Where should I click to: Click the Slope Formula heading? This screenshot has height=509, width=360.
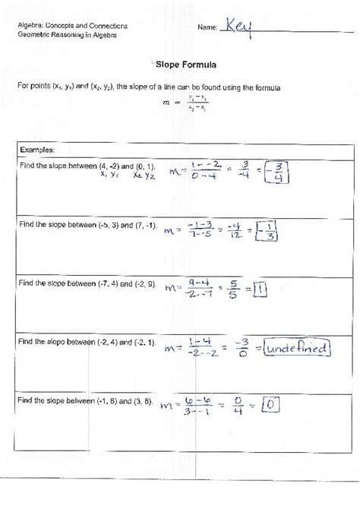point(179,65)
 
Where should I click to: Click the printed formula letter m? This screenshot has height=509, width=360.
point(167,103)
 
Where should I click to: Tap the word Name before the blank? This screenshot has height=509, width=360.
point(207,27)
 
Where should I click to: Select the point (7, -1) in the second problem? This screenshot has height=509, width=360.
point(143,226)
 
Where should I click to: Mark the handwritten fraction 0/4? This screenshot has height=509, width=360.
point(238,406)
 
